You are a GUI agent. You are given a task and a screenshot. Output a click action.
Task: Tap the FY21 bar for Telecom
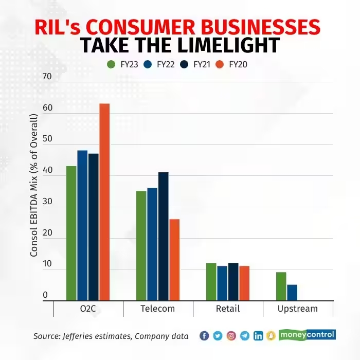click(163, 237)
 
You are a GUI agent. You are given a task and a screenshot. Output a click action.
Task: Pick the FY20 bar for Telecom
click(174, 260)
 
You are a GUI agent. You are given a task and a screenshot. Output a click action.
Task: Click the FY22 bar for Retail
click(222, 283)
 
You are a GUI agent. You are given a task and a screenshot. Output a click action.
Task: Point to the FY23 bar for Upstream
click(281, 286)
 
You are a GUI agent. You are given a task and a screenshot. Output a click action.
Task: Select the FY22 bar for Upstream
click(292, 293)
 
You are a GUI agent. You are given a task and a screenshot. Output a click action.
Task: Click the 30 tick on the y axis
click(48, 202)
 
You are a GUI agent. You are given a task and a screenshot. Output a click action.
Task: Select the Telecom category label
click(158, 309)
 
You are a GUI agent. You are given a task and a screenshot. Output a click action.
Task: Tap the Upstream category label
click(298, 309)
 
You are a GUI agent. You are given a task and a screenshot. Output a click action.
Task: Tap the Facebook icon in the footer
click(204, 336)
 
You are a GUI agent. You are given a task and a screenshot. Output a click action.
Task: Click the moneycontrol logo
click(308, 335)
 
